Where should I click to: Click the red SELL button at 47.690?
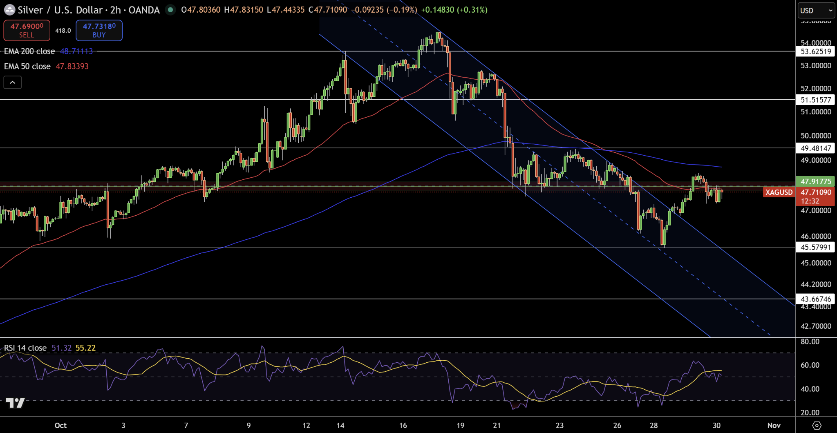(x=27, y=31)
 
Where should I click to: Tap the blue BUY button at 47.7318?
(x=99, y=31)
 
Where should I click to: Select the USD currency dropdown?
(x=816, y=11)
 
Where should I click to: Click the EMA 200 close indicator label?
(x=29, y=51)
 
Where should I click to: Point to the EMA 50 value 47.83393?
(x=72, y=66)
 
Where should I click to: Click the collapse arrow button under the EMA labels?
(x=13, y=83)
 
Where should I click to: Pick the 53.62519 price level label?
(x=816, y=51)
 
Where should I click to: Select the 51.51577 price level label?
(x=816, y=100)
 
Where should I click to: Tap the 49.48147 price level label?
(x=816, y=148)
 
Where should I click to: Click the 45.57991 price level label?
(x=816, y=247)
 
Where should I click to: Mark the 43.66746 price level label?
(x=816, y=299)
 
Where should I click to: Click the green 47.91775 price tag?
(x=816, y=181)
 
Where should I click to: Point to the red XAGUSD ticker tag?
(x=779, y=192)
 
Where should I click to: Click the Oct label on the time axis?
(x=60, y=426)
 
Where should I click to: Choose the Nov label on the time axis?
(x=774, y=426)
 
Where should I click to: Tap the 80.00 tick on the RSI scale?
(x=810, y=341)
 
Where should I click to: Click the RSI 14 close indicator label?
(x=25, y=348)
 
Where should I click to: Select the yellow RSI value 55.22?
(x=85, y=348)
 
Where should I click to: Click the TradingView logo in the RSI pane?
(x=16, y=403)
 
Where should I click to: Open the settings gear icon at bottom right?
(x=817, y=426)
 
